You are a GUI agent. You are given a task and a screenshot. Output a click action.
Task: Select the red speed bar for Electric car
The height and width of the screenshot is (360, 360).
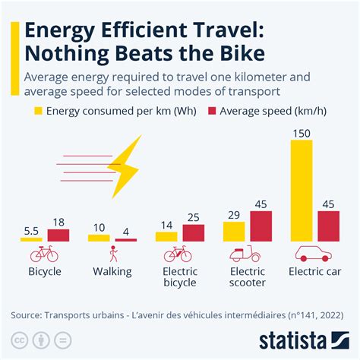click(328, 226)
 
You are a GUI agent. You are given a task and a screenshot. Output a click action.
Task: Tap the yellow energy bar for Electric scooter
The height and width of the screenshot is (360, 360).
click(235, 231)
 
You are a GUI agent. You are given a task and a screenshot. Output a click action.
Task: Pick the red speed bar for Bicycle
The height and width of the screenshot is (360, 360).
click(58, 235)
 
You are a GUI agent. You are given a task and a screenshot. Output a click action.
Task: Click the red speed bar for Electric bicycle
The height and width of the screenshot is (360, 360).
click(194, 232)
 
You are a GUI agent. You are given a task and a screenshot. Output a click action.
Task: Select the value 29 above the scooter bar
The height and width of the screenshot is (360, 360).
click(235, 214)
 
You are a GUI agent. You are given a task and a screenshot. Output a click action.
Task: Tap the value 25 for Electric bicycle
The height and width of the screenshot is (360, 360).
click(194, 217)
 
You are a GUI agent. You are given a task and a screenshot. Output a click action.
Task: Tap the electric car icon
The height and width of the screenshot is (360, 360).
click(314, 254)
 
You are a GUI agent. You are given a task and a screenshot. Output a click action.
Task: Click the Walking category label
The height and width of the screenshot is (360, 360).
click(112, 271)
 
